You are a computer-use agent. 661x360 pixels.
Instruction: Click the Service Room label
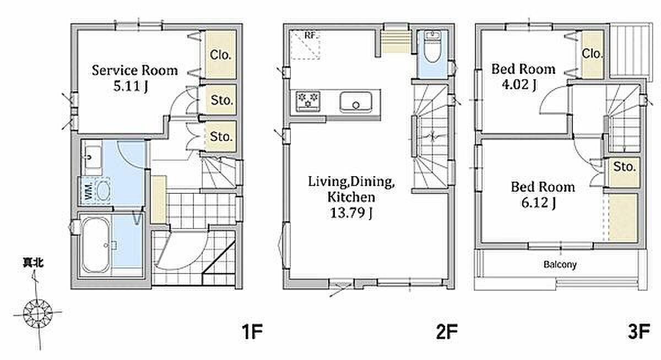[135, 70]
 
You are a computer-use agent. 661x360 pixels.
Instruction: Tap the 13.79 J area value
[351, 213]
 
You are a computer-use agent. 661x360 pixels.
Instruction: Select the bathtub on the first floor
[96, 245]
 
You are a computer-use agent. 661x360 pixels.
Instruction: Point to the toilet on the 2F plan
[432, 47]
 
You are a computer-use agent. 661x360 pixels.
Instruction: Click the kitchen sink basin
[356, 102]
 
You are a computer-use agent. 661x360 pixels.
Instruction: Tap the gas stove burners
[308, 101]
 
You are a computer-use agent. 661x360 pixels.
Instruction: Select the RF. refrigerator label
[311, 36]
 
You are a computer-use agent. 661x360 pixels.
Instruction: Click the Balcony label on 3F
[560, 264]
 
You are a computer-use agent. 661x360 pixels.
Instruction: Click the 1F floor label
[252, 332]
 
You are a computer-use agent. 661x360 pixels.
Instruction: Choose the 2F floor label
[447, 332]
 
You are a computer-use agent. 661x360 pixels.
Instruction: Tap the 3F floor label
[639, 332]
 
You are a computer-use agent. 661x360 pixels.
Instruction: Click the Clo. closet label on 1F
[220, 54]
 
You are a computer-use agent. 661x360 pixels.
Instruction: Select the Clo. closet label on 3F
[592, 53]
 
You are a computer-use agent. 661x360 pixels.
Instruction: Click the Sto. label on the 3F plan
[625, 167]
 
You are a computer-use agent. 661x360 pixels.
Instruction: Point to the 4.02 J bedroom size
[519, 85]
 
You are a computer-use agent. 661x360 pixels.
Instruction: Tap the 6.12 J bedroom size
[539, 203]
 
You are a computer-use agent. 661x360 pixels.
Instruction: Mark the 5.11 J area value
[131, 86]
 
